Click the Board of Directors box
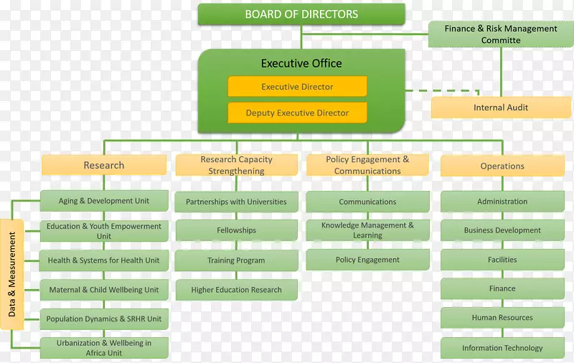tap(301, 14)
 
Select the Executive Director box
tap(297, 87)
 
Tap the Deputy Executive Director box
tap(297, 113)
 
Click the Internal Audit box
tap(501, 108)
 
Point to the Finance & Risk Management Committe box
tap(501, 34)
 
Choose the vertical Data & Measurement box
tap(12, 274)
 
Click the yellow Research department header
tap(104, 166)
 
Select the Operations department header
tap(502, 166)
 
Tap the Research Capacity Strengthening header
tap(236, 166)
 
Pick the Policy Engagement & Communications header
tap(367, 166)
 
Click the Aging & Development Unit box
tap(104, 201)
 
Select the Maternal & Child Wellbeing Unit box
tap(104, 290)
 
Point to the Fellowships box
tap(236, 230)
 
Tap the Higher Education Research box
tap(236, 290)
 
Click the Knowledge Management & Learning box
tap(367, 230)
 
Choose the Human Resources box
tap(502, 318)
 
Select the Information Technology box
tap(502, 348)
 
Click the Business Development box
tap(502, 230)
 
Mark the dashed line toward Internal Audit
tap(438, 91)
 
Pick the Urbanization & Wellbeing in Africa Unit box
tap(104, 348)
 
